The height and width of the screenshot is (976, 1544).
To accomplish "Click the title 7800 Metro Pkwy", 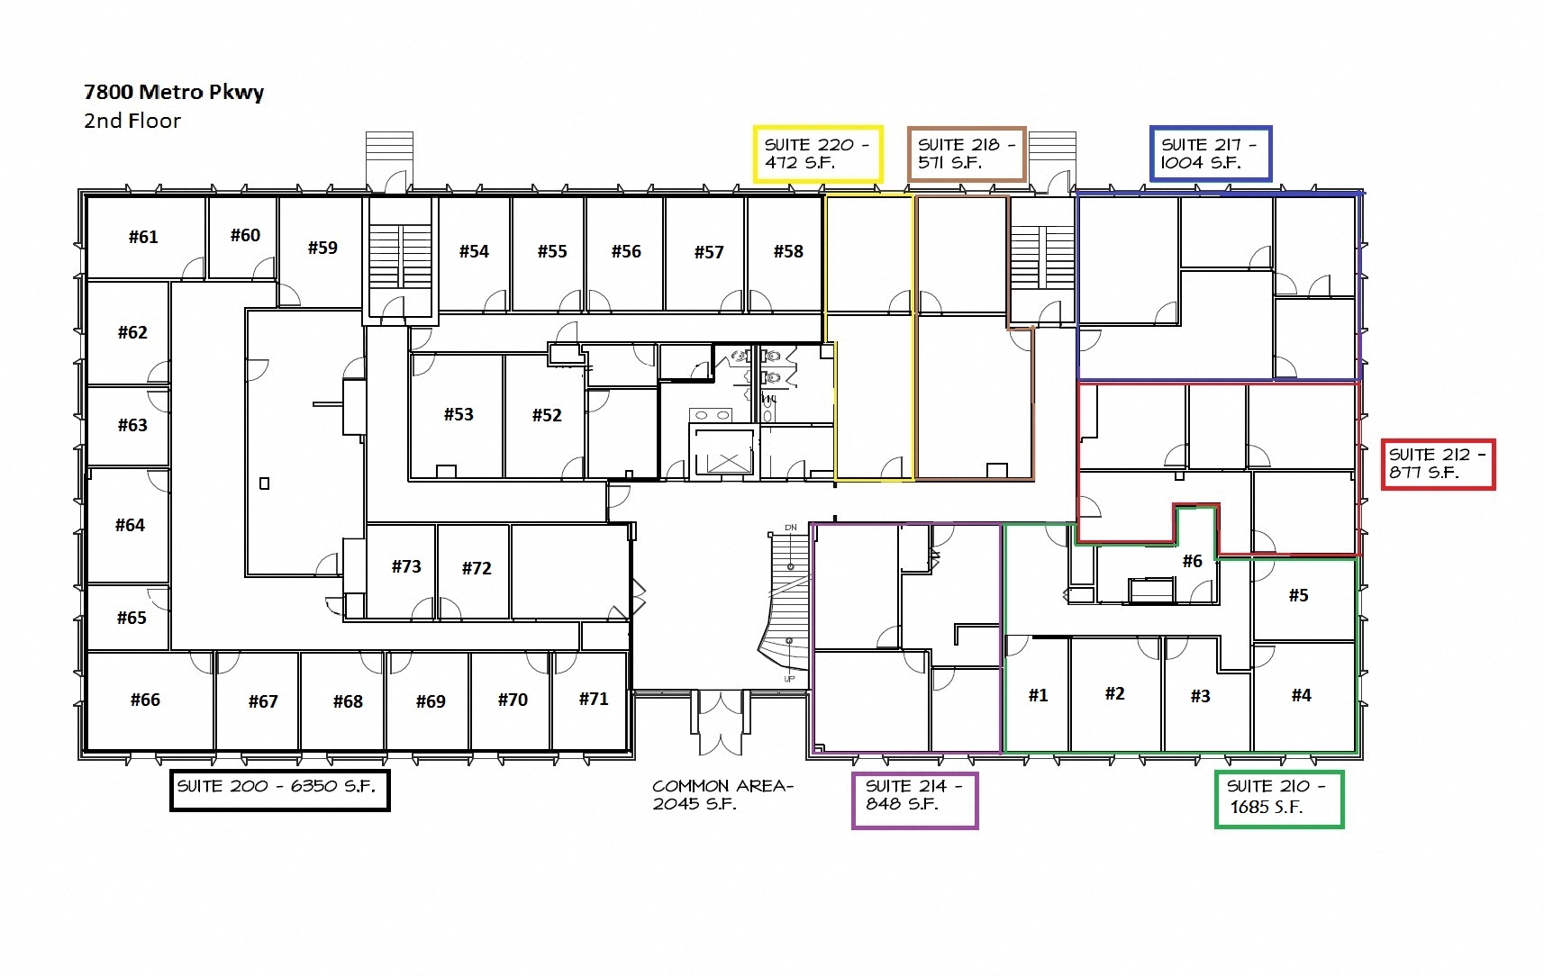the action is [x=174, y=93].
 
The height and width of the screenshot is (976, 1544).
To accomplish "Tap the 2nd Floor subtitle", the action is [x=132, y=121].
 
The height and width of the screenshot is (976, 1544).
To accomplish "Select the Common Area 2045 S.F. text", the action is [x=723, y=795].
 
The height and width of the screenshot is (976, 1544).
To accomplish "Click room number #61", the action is [x=143, y=237].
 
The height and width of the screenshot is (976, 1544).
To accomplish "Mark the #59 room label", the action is [x=322, y=248].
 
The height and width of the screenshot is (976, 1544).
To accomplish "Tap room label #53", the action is [x=459, y=414].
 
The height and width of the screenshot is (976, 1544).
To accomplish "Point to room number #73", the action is [x=406, y=566].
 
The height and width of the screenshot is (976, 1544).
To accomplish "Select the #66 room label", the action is [x=145, y=700].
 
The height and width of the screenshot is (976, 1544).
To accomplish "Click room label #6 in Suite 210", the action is [x=1193, y=561].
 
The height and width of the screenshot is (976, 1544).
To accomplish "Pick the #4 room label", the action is [x=1302, y=695].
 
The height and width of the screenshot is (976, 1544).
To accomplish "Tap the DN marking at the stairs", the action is [x=791, y=528].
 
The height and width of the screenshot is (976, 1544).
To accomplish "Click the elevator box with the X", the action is [x=723, y=452].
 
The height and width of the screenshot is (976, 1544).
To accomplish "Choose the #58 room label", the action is [x=788, y=251].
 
